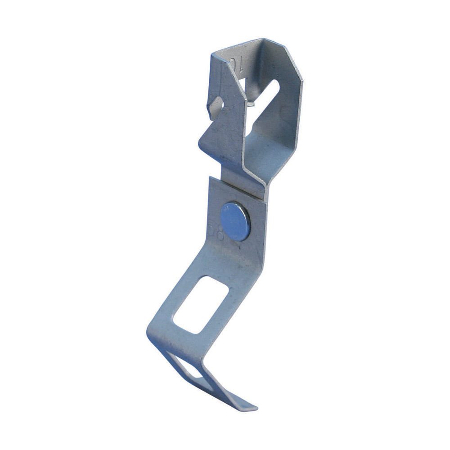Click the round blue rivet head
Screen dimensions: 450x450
(x=236, y=221)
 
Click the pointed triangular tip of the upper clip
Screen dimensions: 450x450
(x=200, y=143)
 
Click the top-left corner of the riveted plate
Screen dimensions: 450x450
(x=211, y=178)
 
